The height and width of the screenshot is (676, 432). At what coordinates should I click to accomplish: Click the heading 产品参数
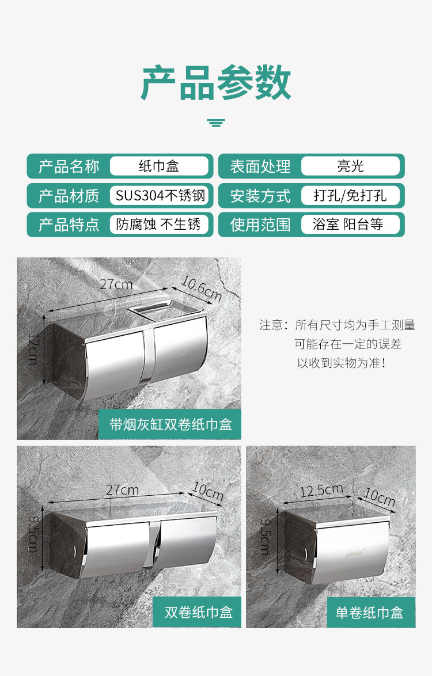(216, 84)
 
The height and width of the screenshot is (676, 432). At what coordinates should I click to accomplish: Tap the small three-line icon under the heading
(216, 122)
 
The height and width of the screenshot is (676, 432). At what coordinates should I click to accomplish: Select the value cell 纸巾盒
(159, 166)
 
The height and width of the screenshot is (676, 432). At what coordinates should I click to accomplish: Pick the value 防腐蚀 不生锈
(159, 225)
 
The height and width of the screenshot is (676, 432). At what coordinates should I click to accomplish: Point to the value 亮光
(350, 166)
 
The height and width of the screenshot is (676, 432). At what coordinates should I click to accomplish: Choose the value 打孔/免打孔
(350, 196)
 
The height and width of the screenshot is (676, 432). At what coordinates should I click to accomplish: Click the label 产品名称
(69, 166)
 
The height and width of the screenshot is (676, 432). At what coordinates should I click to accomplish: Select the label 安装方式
(260, 196)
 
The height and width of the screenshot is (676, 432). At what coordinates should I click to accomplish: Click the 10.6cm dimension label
(202, 288)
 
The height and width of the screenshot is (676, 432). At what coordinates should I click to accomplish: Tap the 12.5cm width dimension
(321, 491)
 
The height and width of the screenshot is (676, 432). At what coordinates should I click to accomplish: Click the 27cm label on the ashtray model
(116, 284)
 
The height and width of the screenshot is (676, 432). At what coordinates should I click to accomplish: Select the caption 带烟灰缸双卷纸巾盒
(170, 425)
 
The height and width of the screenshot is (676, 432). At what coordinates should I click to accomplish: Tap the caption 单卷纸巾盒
(369, 613)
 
